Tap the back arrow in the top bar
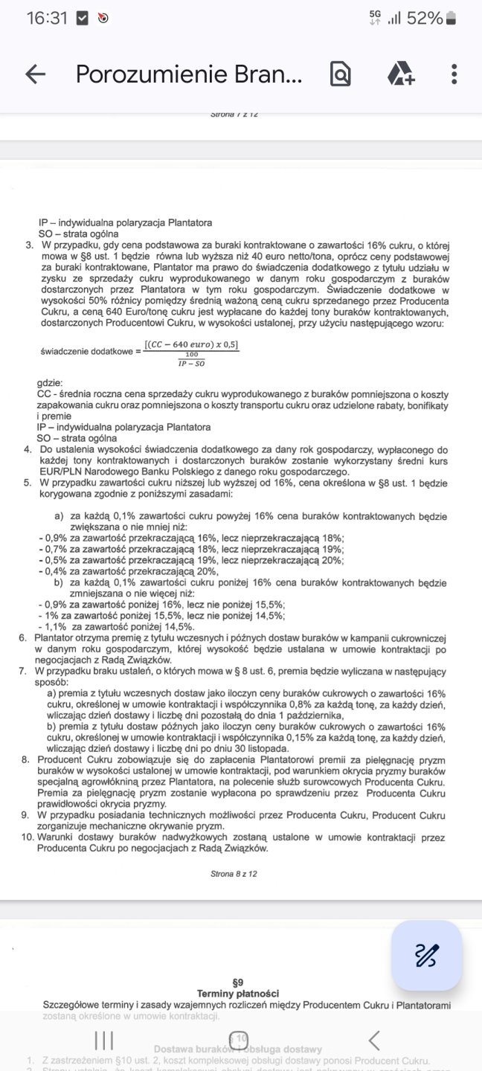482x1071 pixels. [35, 74]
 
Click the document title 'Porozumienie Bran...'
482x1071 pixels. [190, 74]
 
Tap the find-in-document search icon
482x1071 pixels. [340, 74]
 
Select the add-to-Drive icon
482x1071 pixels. [400, 74]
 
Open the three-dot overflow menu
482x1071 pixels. [454, 74]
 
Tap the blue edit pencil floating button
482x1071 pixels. [426, 955]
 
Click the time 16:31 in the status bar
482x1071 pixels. [47, 19]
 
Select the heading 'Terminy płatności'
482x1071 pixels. [238, 994]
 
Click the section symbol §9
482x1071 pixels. [238, 982]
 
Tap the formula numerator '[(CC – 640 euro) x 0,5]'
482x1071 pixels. [192, 344]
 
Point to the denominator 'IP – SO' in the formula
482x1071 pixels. [192, 363]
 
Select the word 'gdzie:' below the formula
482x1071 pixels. [50, 382]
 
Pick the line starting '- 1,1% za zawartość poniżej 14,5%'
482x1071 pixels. [112, 626]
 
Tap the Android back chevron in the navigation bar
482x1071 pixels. [374, 1039]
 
